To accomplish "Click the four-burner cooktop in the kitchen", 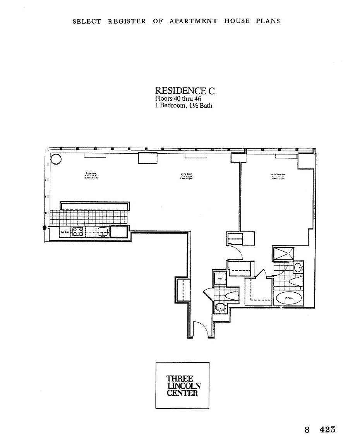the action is coord(77,232).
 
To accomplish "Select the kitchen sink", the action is coord(103,232).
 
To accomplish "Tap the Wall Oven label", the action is coord(64,232).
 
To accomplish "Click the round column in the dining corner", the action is coord(56,159).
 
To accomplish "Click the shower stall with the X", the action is coord(284,254).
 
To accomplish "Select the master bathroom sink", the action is coord(298,267).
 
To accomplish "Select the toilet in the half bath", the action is coord(231,296).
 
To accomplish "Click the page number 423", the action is coord(327,429).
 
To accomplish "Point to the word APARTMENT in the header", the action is coord(193,21).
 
